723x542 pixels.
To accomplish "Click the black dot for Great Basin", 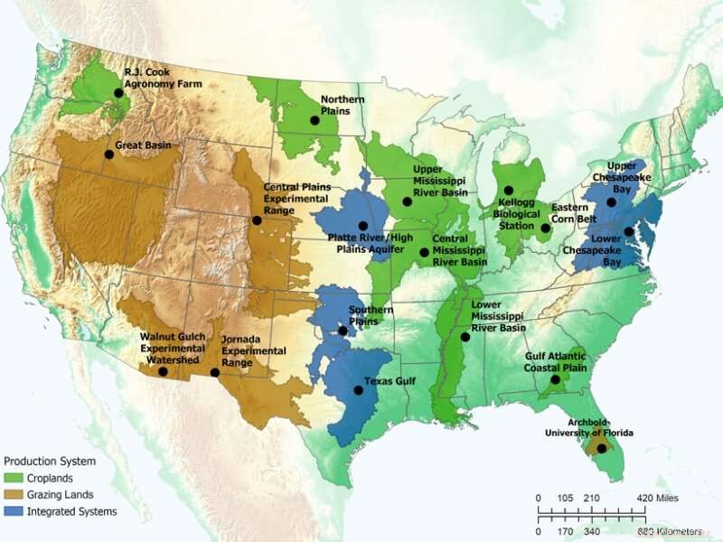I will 108,154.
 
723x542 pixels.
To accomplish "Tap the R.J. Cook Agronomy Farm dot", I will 118,93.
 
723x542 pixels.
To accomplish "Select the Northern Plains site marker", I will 315,120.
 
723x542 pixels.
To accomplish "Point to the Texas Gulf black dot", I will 358,391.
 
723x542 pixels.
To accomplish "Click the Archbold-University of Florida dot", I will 602,449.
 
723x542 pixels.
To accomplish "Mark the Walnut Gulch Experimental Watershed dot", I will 163,371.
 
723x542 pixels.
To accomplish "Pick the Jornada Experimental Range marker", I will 215,372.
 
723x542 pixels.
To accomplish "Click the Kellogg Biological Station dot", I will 509,191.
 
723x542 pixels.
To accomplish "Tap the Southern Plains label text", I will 371,315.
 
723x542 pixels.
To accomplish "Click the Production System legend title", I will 49,462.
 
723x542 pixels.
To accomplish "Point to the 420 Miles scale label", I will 657,499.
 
